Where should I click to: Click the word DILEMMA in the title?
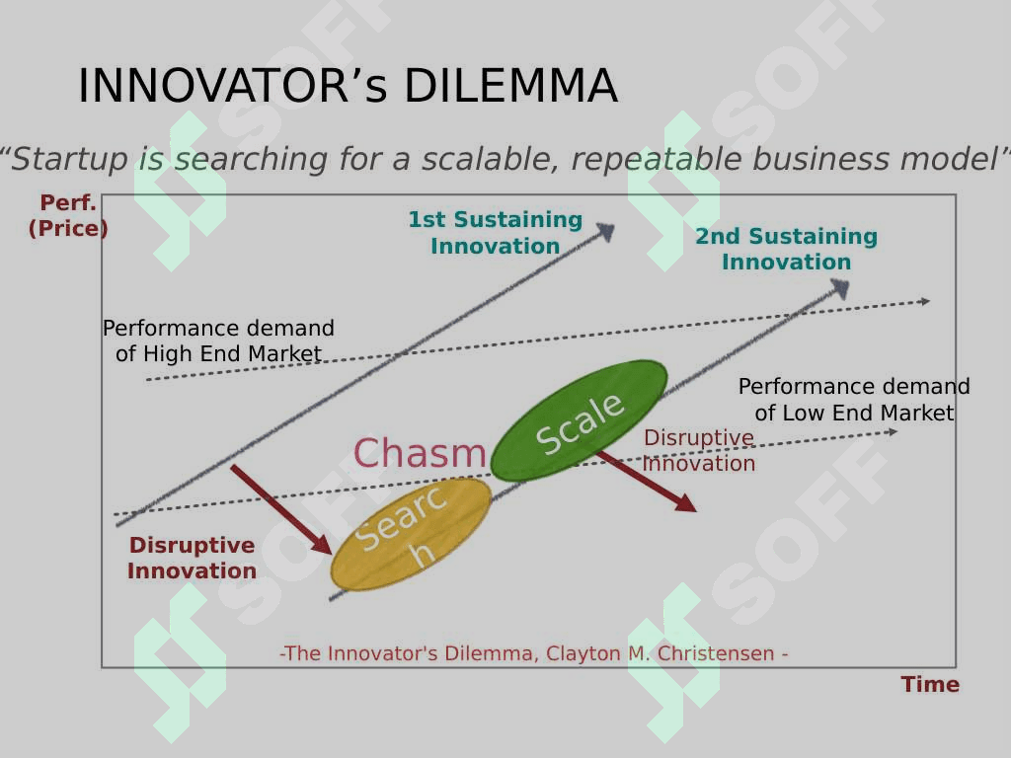[510, 85]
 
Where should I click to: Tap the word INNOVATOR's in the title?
[233, 85]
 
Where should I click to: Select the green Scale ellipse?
[579, 420]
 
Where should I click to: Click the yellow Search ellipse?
[411, 534]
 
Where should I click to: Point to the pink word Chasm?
[420, 452]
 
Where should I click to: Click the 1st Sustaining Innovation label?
[496, 233]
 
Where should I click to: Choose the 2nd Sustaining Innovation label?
[787, 249]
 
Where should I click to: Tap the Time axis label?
[930, 684]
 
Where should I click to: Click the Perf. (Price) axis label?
[68, 215]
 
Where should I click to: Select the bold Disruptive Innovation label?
[193, 558]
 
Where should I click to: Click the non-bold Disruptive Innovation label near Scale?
[699, 450]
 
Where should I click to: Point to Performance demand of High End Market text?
[218, 341]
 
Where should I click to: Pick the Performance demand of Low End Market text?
[854, 400]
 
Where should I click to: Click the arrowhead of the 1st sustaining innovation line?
[605, 231]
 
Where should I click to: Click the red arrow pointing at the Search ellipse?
[281, 509]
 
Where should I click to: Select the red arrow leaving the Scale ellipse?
[647, 482]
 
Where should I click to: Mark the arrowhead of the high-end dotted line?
[924, 301]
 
